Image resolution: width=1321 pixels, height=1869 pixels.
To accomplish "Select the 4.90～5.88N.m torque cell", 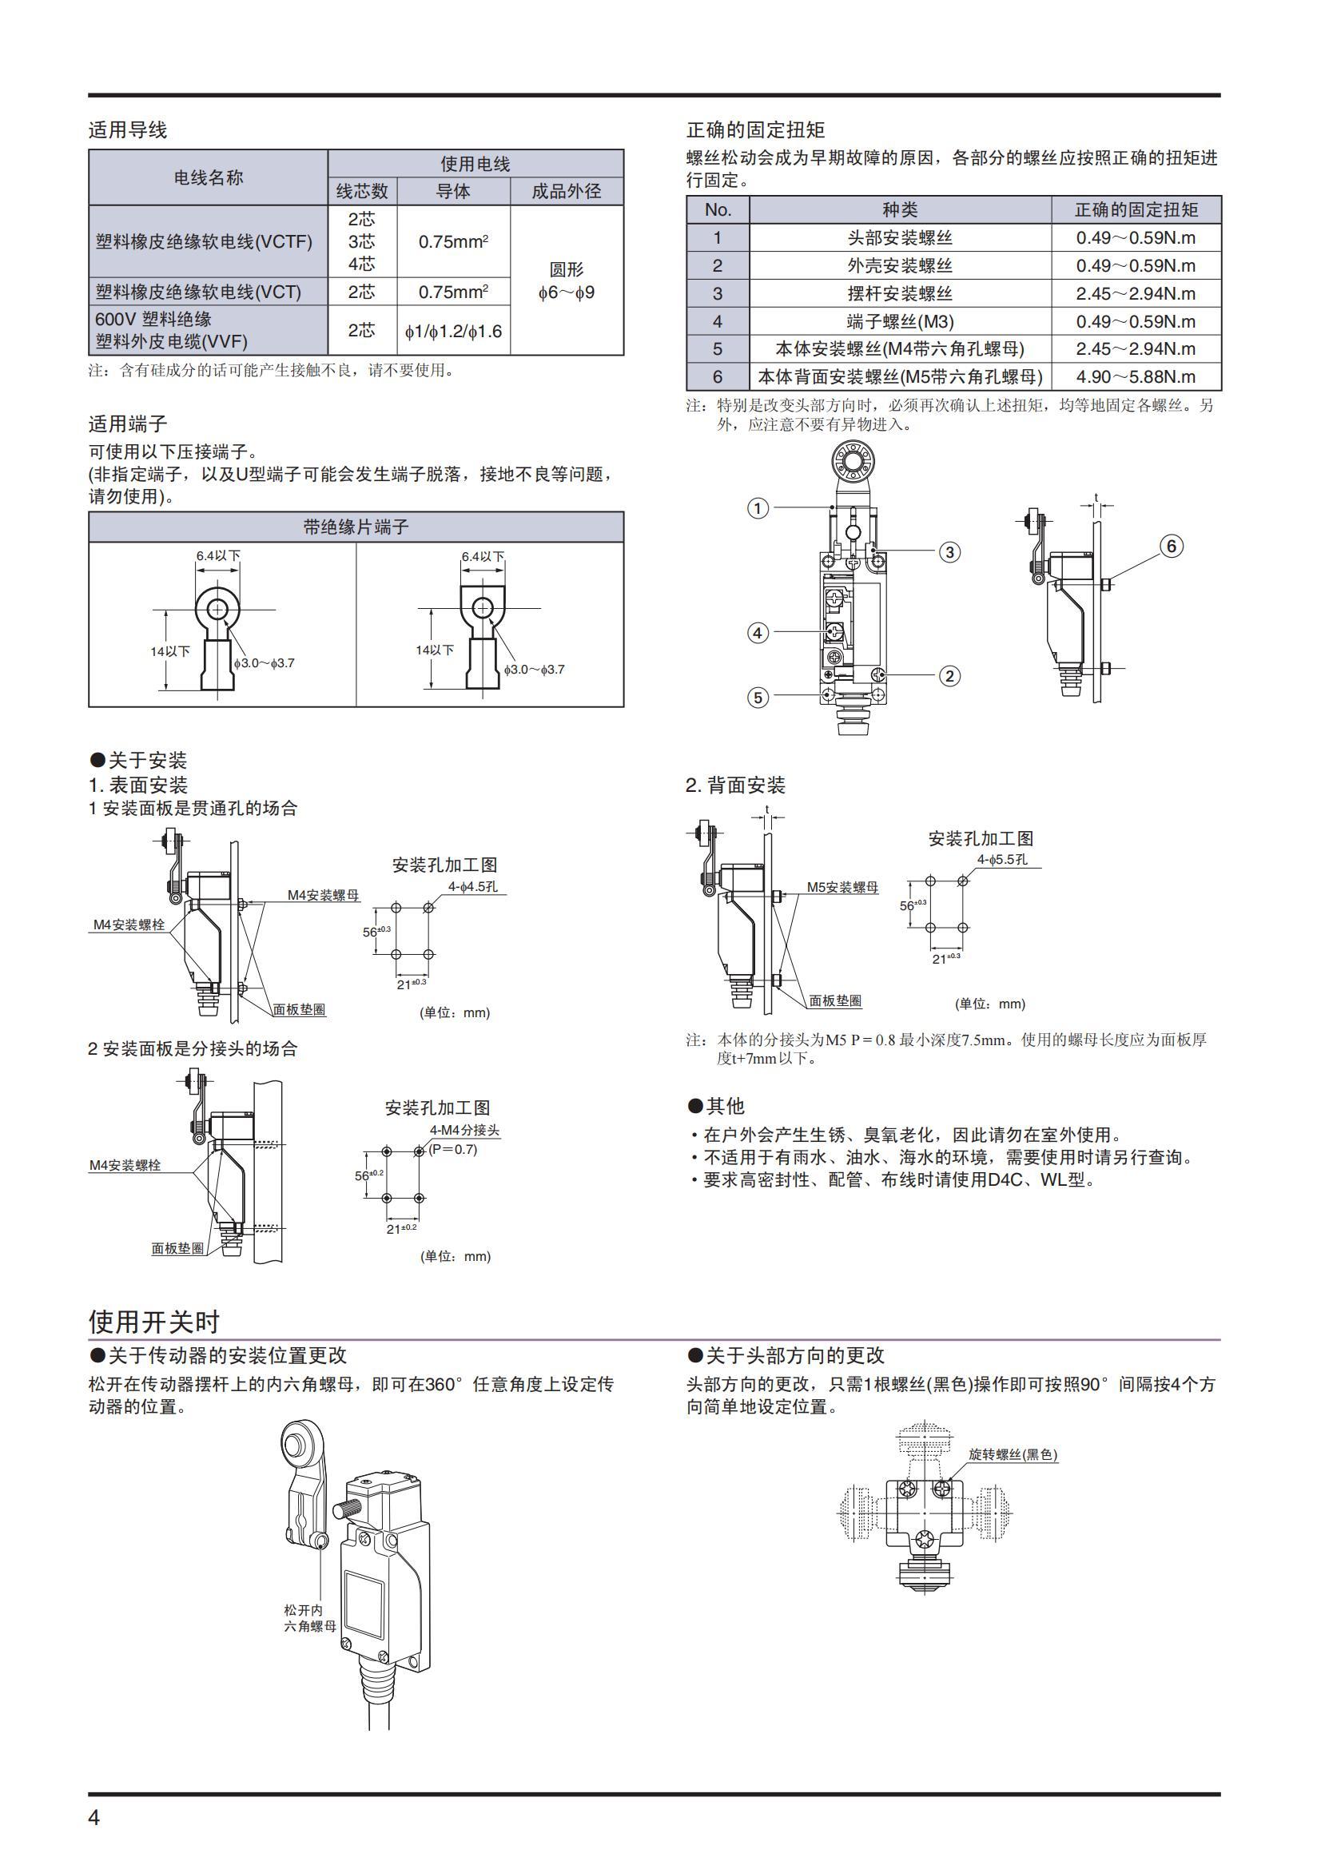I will [x=1136, y=377].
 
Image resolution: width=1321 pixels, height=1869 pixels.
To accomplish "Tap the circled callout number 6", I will [x=1172, y=547].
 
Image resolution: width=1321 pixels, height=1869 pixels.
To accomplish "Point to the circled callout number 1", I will [x=758, y=509].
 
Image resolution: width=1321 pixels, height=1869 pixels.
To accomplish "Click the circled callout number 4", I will [x=758, y=633].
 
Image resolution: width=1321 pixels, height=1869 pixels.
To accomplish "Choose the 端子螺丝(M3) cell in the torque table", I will [x=899, y=321].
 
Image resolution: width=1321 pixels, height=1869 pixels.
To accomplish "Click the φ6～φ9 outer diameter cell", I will [x=567, y=280].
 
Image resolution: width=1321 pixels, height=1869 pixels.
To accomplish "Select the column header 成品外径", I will [x=567, y=191].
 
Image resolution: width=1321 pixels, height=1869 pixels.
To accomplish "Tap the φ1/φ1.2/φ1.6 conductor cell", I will [x=453, y=332].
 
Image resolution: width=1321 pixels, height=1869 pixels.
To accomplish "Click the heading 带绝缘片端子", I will [x=356, y=527].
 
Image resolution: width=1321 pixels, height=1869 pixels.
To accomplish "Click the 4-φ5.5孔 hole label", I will [x=1002, y=860].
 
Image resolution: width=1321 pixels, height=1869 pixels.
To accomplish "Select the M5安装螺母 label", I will [x=842, y=887].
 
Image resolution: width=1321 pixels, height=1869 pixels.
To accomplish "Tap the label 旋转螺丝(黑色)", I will [x=1013, y=1454].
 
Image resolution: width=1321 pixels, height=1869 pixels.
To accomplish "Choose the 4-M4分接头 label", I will [x=464, y=1131].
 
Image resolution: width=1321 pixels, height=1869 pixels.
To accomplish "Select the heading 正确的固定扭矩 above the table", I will [x=755, y=129].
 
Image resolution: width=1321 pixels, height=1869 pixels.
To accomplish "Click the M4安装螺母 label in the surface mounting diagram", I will [x=322, y=896].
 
